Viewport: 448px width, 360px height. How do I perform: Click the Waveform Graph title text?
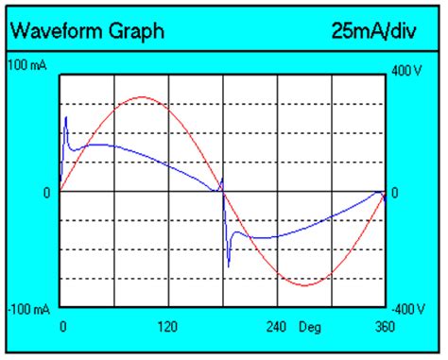(x=87, y=31)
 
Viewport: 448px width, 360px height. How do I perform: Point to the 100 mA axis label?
(x=27, y=65)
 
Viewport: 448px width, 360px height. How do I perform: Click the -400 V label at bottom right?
(x=408, y=309)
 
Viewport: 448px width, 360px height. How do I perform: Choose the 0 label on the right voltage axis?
(x=395, y=192)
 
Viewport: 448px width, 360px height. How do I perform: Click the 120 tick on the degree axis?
(x=167, y=327)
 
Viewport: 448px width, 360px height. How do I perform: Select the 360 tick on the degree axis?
(x=385, y=327)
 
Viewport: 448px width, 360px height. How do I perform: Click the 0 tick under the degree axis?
(x=63, y=327)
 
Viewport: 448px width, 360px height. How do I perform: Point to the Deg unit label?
(x=310, y=327)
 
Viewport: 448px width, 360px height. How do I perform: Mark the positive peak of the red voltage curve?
(x=142, y=97)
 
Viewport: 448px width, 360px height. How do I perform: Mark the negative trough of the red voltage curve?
(x=304, y=284)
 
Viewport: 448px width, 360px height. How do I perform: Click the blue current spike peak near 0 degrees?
(x=66, y=117)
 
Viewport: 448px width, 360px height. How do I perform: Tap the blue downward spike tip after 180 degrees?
(x=228, y=267)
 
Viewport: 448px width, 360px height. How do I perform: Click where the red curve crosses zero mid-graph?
(x=222, y=191)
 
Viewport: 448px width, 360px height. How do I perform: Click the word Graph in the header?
(x=139, y=31)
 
